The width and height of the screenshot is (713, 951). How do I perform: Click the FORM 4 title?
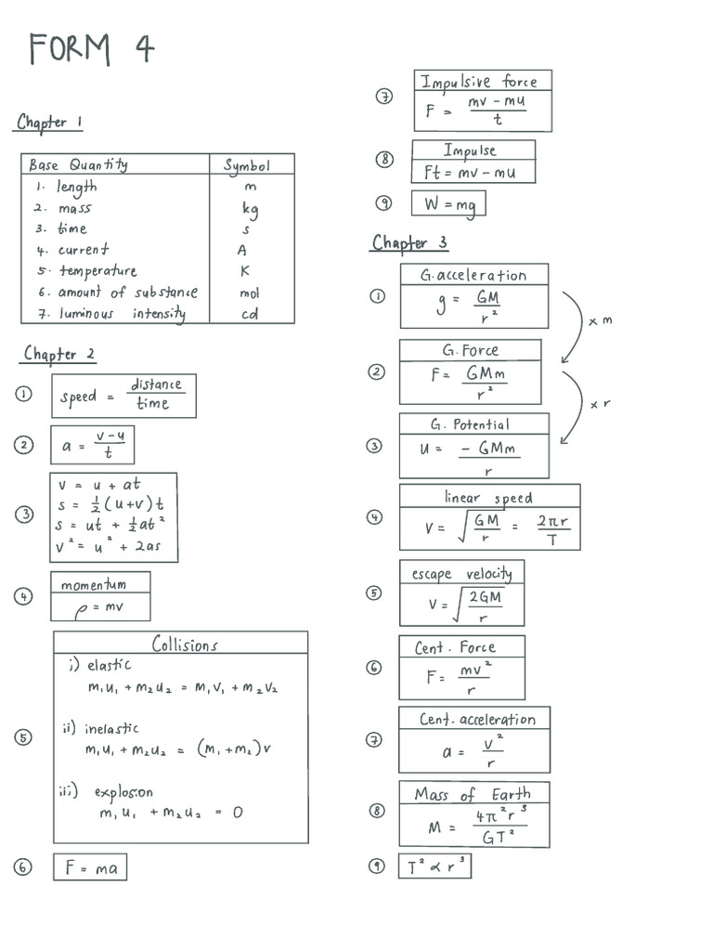(91, 47)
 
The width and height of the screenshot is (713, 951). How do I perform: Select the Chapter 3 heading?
(409, 242)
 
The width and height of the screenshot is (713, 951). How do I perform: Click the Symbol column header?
(246, 165)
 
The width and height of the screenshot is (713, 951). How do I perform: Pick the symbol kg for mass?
(249, 209)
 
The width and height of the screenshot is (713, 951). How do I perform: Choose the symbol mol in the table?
(249, 293)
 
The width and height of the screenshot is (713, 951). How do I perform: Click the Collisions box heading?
(185, 645)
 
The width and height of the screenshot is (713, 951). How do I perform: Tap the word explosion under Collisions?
(123, 792)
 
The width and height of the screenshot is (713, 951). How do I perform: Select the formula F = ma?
(90, 867)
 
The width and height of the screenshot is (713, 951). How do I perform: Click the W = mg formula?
(448, 203)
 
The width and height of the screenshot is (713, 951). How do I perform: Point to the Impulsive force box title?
(478, 81)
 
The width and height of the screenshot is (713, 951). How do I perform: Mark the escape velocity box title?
(461, 573)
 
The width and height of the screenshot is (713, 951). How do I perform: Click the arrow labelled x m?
(573, 327)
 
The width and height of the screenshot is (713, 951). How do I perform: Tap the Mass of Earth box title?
(473, 794)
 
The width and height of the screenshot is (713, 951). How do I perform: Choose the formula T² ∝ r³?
(434, 866)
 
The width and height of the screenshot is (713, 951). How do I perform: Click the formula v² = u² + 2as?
(108, 547)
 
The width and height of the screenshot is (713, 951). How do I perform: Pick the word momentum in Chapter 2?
(93, 584)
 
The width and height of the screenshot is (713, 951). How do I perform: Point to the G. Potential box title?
(470, 424)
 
